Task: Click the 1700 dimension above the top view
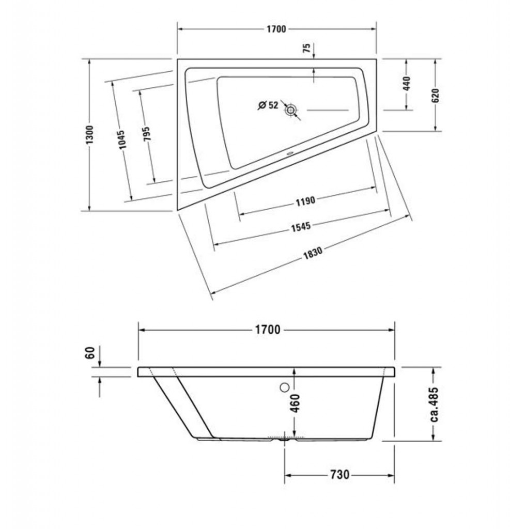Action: click(276, 29)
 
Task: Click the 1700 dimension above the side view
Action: click(267, 329)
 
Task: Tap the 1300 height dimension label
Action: click(89, 135)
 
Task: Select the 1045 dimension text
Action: click(121, 139)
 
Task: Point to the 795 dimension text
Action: click(147, 134)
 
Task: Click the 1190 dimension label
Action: click(305, 201)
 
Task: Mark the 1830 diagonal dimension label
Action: click(313, 252)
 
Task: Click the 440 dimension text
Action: click(407, 83)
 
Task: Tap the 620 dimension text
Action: click(436, 96)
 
